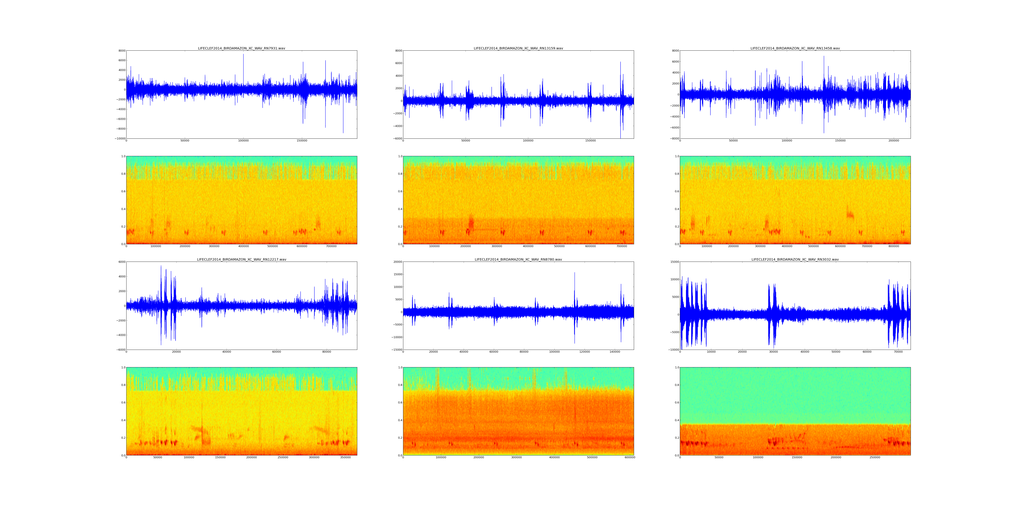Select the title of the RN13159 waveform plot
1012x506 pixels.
(518, 48)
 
